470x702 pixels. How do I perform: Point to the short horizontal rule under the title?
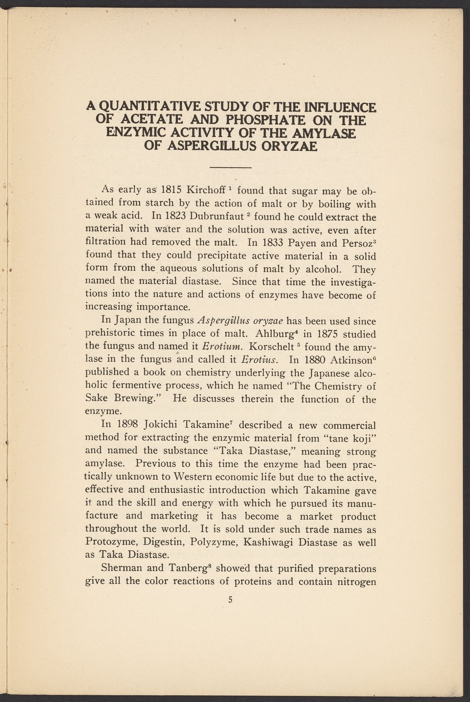pos(230,167)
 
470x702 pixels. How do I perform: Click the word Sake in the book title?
pos(96,399)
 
